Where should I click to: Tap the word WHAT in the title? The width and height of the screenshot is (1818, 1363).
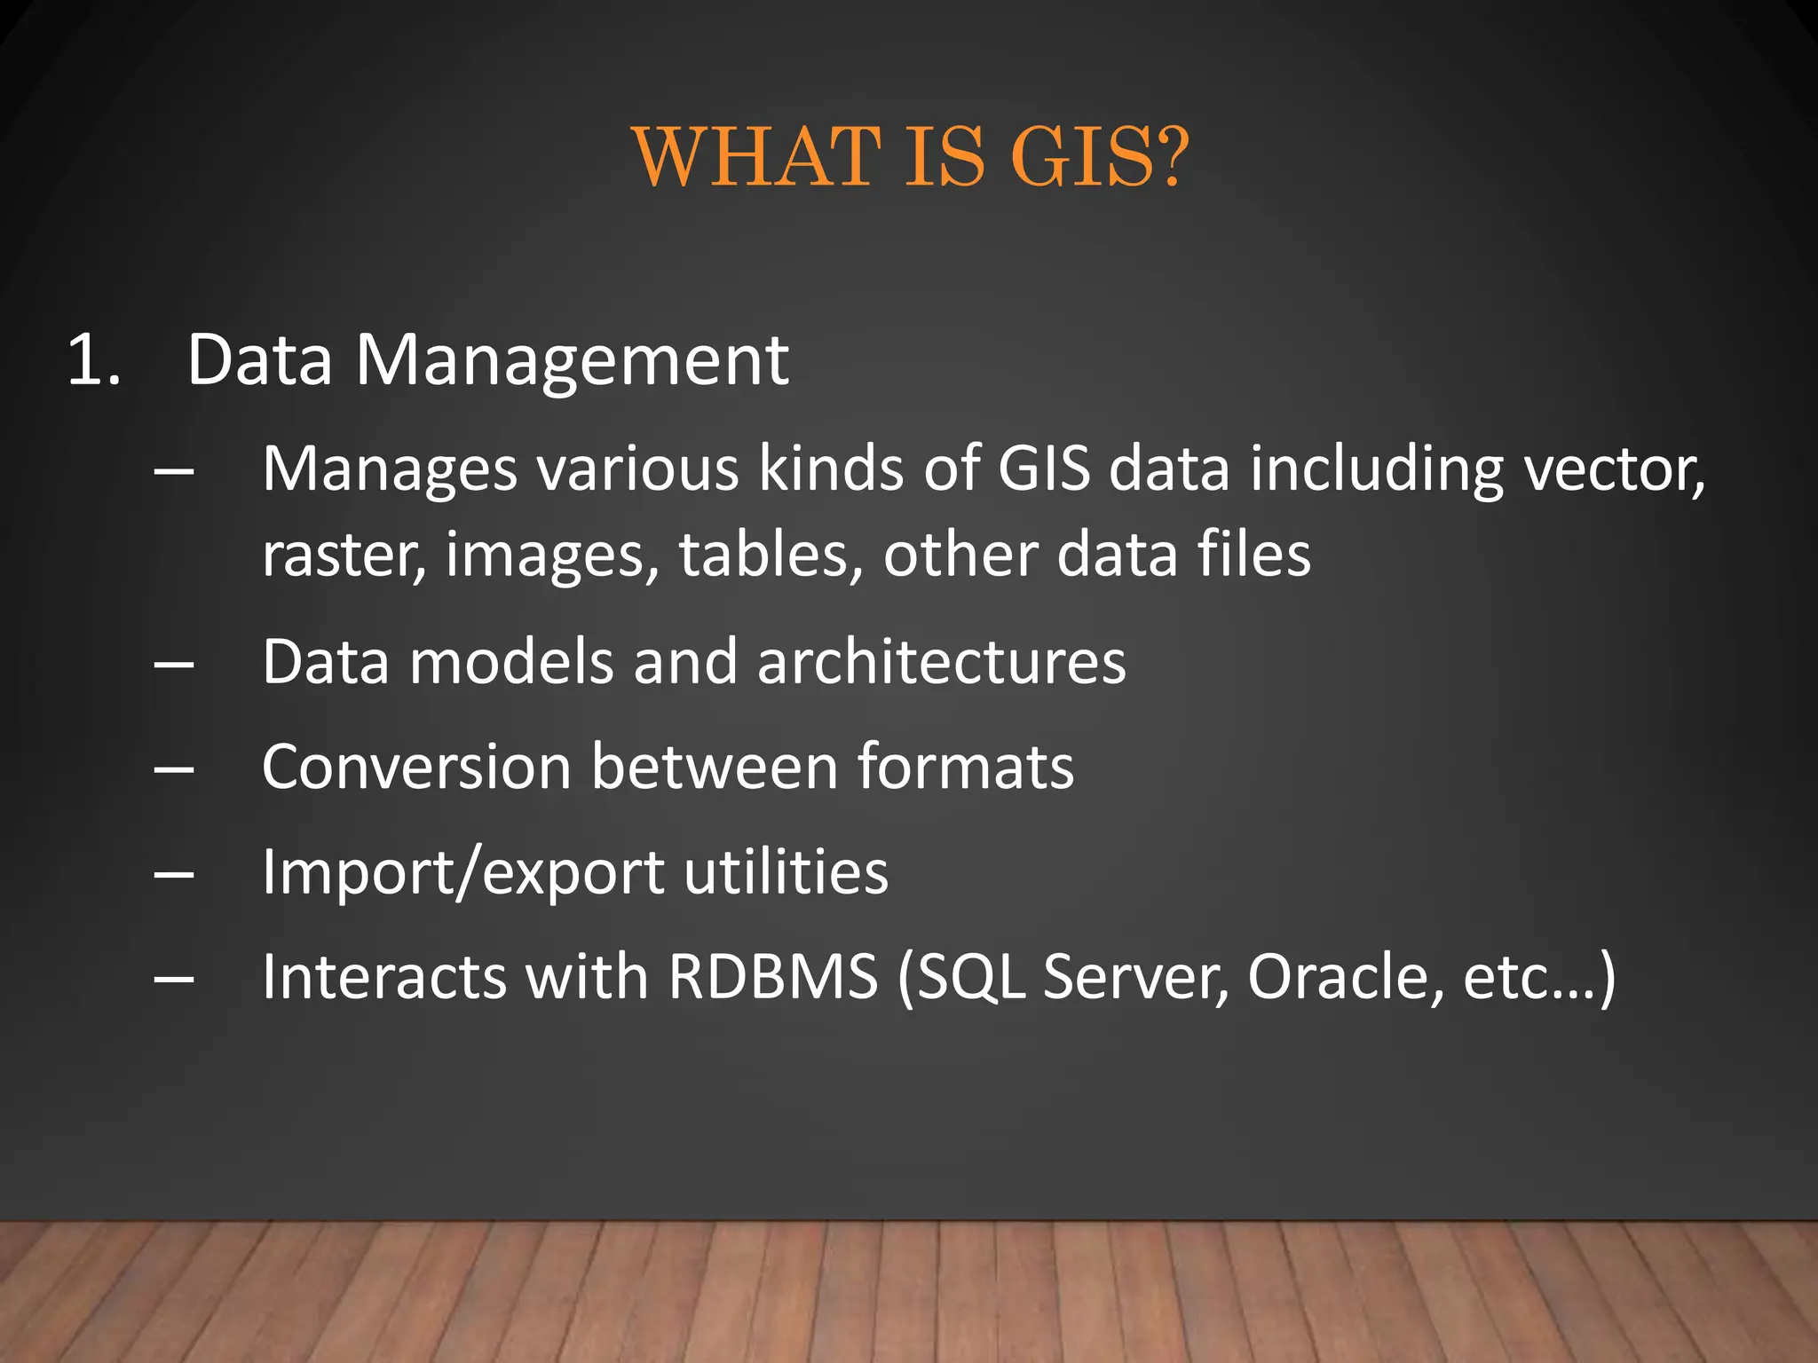[757, 157]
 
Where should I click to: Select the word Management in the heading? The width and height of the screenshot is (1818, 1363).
[572, 362]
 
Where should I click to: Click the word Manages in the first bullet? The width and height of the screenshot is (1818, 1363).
[390, 469]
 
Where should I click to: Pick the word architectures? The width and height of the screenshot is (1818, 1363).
[941, 662]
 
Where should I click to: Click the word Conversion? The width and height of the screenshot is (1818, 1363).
[416, 767]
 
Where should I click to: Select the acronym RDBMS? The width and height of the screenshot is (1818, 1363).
[772, 977]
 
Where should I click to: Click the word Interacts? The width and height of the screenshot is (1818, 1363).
[383, 977]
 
